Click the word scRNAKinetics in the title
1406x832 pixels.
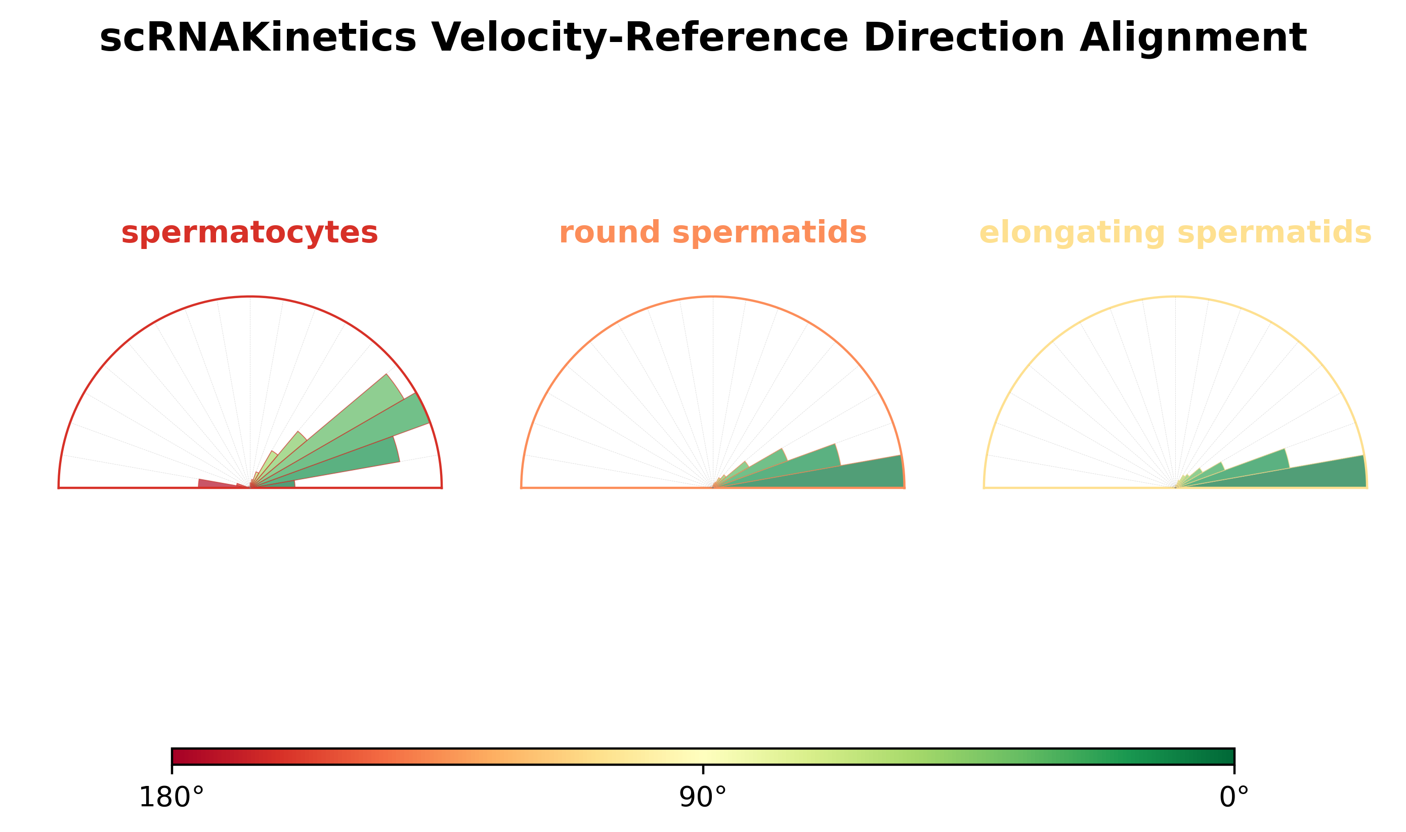click(258, 38)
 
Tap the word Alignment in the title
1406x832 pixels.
click(1193, 38)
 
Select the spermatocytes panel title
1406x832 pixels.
click(249, 232)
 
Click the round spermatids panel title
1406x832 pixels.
click(712, 232)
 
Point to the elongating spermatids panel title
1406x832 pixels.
click(1175, 232)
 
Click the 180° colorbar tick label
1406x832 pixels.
click(171, 798)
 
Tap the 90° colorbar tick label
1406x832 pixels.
click(703, 798)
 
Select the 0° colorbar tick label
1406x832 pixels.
click(1234, 798)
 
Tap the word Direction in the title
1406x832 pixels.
click(964, 38)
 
